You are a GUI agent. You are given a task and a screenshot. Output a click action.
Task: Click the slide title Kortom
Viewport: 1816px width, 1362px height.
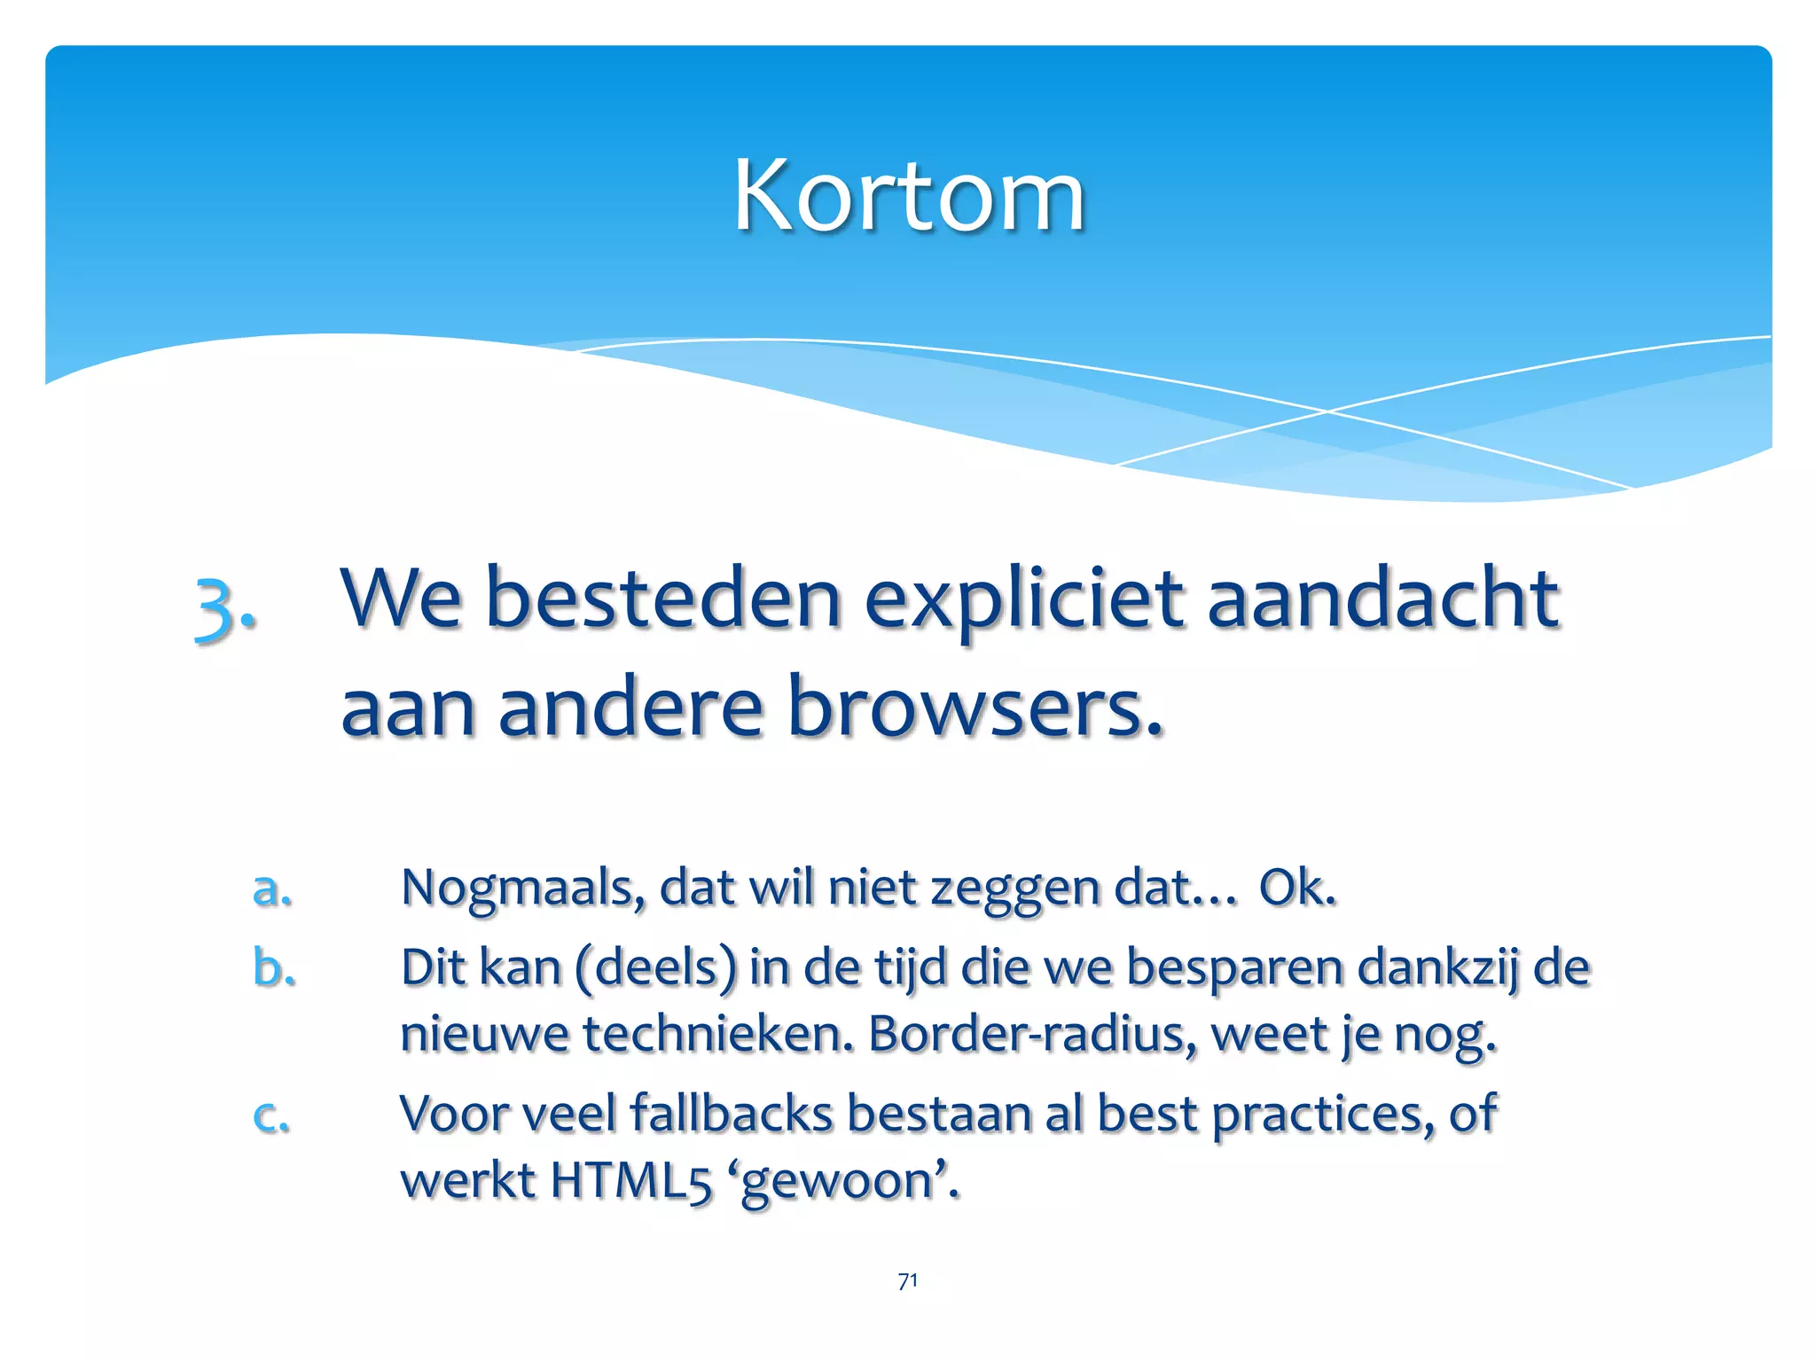tap(909, 195)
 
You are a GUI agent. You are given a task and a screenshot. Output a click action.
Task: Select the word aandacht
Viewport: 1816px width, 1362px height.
tap(1383, 599)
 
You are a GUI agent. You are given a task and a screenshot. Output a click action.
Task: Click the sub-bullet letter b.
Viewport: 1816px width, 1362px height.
tap(273, 967)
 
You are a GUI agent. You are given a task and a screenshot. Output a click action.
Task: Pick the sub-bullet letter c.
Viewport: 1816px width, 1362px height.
tap(270, 1115)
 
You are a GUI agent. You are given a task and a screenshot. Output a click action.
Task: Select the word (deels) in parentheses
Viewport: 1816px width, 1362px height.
tap(655, 967)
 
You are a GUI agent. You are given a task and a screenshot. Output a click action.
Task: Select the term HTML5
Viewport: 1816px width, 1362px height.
tap(630, 1181)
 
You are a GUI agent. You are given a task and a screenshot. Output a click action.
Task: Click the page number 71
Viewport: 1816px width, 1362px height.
tap(908, 1280)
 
